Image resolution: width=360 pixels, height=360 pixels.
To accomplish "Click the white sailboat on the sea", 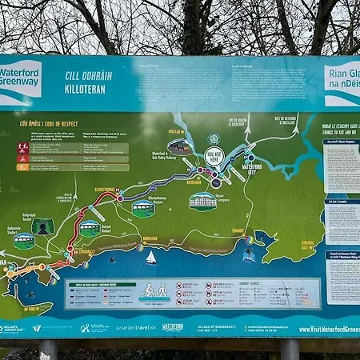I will tap(150, 258).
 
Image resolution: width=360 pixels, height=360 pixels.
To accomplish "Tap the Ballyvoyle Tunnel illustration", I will tap(42, 226).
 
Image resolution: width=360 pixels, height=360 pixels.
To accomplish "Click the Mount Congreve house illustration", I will tap(203, 200).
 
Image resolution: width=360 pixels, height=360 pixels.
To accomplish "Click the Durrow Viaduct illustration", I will tap(90, 230).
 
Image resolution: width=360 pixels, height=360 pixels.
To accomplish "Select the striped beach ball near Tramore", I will tap(248, 239).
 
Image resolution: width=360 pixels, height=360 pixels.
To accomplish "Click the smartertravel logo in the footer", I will tap(136, 327).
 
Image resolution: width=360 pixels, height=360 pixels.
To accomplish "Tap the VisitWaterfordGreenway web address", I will tap(328, 329).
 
